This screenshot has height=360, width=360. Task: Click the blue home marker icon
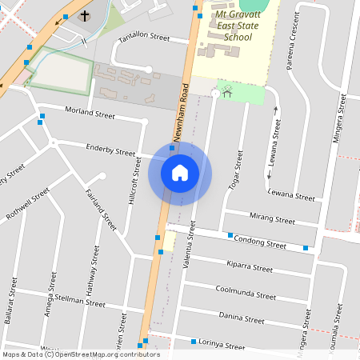(180, 173)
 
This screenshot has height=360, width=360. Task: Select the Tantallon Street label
(144, 38)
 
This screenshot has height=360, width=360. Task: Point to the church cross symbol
(85, 16)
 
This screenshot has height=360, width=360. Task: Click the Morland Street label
(90, 113)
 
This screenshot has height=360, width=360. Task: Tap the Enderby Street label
(111, 150)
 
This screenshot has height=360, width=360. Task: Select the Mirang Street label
(272, 218)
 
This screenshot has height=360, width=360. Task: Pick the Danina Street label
(241, 318)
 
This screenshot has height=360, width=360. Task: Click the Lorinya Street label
(222, 345)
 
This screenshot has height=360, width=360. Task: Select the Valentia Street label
(191, 240)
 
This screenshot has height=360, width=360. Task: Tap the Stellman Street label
(84, 302)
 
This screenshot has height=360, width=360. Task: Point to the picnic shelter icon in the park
(226, 92)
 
